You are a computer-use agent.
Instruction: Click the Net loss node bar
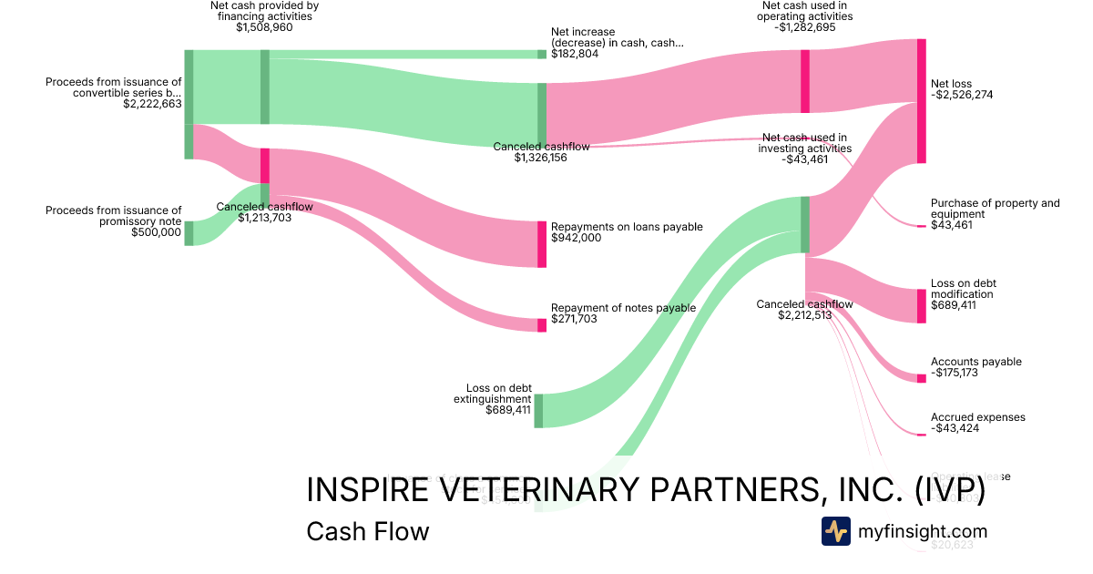click(x=921, y=101)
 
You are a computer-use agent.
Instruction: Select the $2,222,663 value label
click(x=152, y=105)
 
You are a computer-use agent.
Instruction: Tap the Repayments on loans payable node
click(x=542, y=243)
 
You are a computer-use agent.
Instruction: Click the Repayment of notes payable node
click(x=542, y=324)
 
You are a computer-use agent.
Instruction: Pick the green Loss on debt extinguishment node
click(x=538, y=410)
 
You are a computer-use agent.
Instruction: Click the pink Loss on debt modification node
click(x=921, y=305)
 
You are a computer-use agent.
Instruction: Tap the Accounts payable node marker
click(x=921, y=378)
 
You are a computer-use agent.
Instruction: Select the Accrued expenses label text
click(x=977, y=417)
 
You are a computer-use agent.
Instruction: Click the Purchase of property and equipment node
click(x=921, y=225)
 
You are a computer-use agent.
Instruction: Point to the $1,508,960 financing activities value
click(x=264, y=28)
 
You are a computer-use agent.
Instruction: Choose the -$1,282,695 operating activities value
click(x=805, y=28)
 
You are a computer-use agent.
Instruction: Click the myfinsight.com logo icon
click(x=835, y=531)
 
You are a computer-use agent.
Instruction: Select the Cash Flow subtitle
click(x=367, y=531)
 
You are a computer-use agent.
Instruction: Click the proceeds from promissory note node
click(x=189, y=232)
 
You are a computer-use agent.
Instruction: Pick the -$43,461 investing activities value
click(x=805, y=159)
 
